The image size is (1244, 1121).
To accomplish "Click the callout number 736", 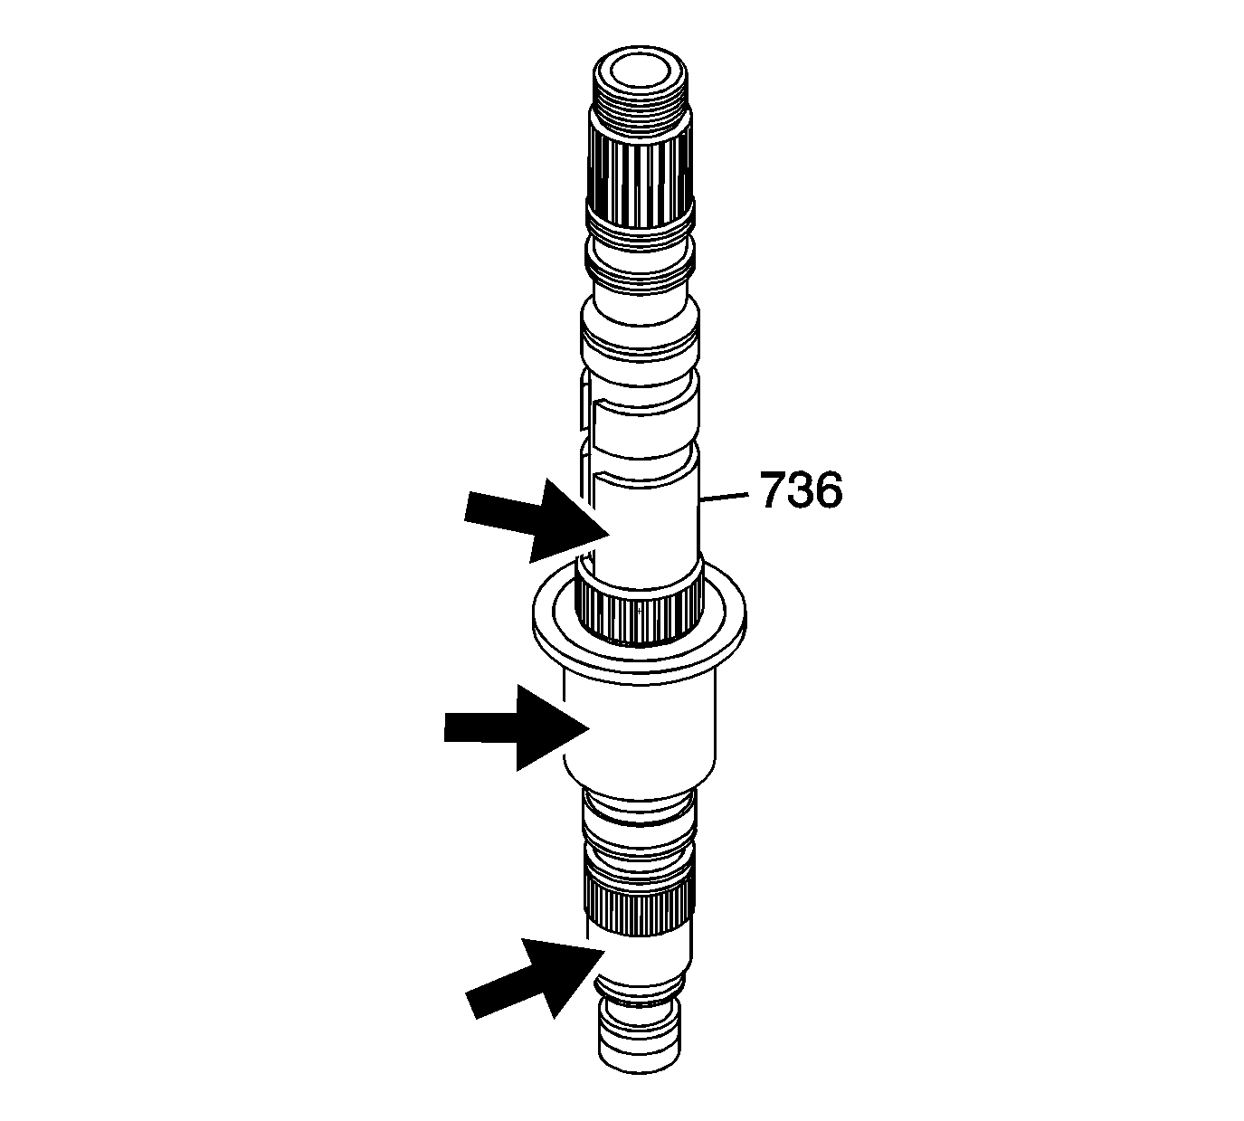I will click(x=801, y=491).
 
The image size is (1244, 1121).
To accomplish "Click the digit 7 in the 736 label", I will click(x=774, y=491).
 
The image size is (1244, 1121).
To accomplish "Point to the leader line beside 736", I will click(x=726, y=497).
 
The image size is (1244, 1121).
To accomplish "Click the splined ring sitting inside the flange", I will click(x=639, y=615).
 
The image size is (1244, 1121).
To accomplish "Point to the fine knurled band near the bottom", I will click(x=639, y=914).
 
